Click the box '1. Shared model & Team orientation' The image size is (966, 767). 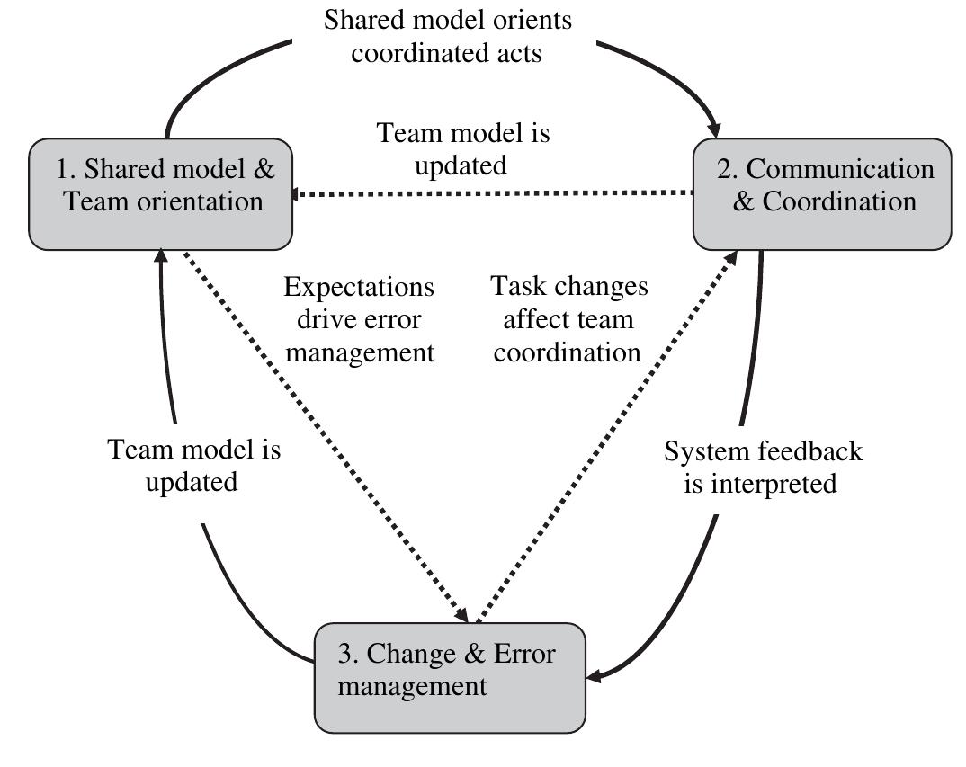160,193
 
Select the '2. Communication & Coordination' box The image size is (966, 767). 822,193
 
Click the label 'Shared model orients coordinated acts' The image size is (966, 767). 447,36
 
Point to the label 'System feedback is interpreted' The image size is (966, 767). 763,467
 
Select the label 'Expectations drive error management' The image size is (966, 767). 359,319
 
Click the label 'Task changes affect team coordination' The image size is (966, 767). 568,319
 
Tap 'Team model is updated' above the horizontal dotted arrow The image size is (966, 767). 462,149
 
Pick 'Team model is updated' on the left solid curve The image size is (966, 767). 192,465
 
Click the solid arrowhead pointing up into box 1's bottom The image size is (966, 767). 159,258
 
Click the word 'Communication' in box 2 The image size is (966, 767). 840,169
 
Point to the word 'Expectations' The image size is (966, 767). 359,288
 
